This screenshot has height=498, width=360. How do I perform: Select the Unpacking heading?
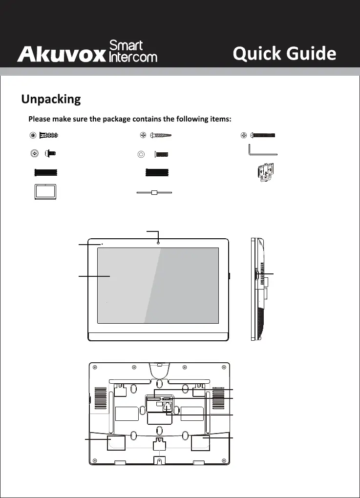[x=51, y=99]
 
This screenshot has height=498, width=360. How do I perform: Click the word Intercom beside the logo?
[x=133, y=57]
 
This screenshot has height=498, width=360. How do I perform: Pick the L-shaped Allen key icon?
[x=262, y=149]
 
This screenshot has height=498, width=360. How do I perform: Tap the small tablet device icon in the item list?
[x=45, y=191]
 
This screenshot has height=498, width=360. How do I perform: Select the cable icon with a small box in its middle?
[x=154, y=193]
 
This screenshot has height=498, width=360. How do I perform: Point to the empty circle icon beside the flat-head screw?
[x=141, y=154]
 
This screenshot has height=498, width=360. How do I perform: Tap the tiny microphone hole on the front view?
[x=102, y=244]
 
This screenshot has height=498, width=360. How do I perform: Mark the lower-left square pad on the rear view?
[x=116, y=442]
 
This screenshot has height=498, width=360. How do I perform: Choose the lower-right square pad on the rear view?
[x=200, y=442]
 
